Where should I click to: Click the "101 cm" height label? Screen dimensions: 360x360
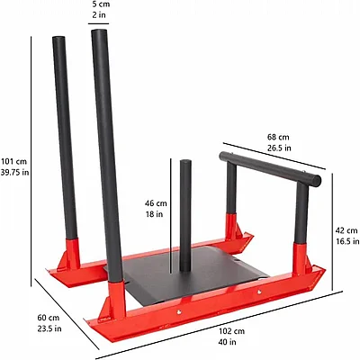click(x=13, y=162)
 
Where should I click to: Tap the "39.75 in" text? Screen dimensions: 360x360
click(x=15, y=173)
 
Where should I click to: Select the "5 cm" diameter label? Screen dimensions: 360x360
click(x=101, y=4)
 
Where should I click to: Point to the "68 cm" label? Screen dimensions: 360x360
click(x=278, y=137)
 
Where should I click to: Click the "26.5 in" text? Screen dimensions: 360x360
click(x=279, y=148)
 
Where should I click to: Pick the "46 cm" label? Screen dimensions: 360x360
click(x=156, y=203)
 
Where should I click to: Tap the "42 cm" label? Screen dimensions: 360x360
click(x=346, y=230)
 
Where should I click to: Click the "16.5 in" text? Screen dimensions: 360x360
click(x=347, y=241)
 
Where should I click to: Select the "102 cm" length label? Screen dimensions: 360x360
click(x=231, y=331)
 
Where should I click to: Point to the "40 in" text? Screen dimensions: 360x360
click(x=228, y=342)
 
